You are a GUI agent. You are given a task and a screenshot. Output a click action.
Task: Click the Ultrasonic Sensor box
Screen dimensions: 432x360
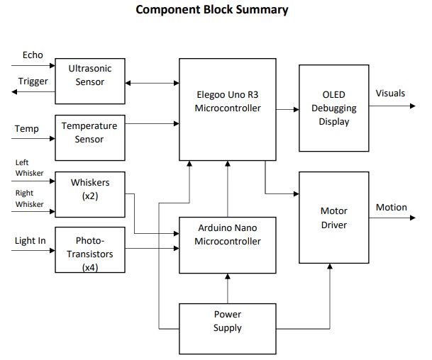tap(90, 81)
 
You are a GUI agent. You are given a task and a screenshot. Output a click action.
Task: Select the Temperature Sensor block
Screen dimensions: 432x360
tap(90, 138)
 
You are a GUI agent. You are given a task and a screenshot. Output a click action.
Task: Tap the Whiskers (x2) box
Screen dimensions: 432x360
tap(90, 195)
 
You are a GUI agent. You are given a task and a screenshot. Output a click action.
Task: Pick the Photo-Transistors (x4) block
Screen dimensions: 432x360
tap(90, 250)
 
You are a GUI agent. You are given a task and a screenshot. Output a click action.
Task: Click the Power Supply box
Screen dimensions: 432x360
tap(228, 329)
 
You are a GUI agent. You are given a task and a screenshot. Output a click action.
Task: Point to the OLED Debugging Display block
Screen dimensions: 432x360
tap(334, 108)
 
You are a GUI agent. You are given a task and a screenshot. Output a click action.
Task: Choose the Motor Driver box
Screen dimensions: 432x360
tap(334, 218)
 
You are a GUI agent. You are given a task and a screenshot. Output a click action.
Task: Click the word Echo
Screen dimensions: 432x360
tap(33, 55)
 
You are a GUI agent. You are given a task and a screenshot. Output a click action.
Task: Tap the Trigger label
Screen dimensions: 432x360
tap(33, 81)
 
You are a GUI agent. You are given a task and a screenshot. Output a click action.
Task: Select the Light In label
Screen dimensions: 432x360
tap(31, 241)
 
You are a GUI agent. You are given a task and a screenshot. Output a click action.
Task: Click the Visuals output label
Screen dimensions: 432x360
tap(390, 94)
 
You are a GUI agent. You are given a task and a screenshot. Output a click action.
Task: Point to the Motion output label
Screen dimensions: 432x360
tap(392, 207)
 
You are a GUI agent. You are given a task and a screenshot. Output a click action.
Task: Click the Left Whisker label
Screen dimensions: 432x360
tap(30, 168)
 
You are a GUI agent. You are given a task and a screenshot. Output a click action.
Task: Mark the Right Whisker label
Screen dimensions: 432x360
tap(30, 198)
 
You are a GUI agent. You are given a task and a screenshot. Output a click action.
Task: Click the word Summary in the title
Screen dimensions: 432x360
tap(262, 10)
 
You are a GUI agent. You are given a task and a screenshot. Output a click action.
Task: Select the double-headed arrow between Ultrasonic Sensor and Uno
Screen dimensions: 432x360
tap(152, 83)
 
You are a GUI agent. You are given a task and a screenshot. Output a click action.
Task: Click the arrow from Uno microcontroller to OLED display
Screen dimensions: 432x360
tap(287, 110)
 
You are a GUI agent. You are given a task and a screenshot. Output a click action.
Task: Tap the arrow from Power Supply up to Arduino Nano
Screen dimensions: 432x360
tap(228, 288)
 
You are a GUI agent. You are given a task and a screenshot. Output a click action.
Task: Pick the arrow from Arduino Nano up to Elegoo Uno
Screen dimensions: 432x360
tap(228, 189)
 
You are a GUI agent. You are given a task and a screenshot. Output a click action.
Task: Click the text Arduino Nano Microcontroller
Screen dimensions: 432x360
tap(228, 235)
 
